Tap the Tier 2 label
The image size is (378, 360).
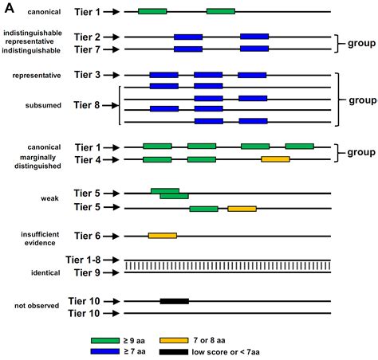(86, 37)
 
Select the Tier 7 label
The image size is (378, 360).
(86, 49)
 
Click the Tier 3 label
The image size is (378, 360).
(86, 75)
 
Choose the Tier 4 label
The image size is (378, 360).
(86, 159)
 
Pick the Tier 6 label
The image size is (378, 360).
(86, 236)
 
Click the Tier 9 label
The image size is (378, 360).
(86, 272)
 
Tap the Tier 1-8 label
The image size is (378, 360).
(90, 260)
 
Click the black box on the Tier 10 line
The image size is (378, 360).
(174, 301)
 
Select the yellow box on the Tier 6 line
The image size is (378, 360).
(162, 236)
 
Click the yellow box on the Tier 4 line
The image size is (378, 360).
(275, 159)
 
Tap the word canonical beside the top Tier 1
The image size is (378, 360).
(29, 12)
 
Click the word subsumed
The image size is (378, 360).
(29, 104)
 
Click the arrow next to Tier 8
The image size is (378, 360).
(111, 104)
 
